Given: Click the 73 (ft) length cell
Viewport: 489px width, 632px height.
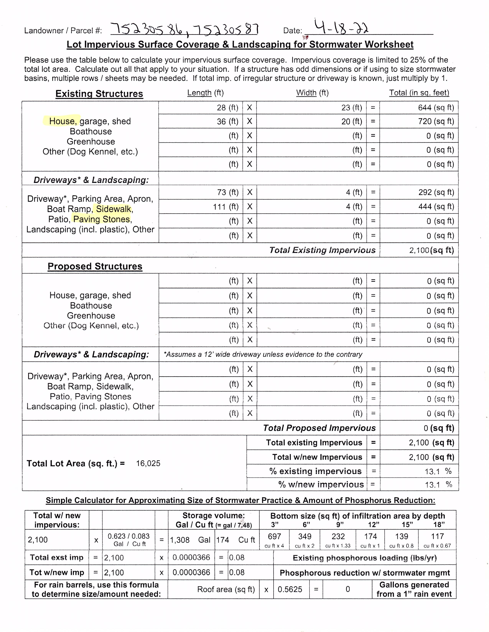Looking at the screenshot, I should pos(228,192).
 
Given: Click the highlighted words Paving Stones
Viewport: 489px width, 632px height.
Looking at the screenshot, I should pos(102,219).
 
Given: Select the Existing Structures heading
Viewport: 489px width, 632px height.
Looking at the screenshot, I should pos(99,94).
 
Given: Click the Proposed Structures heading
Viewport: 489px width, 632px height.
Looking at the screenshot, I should pos(95,266).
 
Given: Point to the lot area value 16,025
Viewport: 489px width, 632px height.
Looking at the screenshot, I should pos(148,463).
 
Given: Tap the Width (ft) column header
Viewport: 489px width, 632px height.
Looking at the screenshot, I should pos(312,93).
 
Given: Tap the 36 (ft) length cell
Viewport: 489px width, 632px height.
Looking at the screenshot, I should pos(227,122).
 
